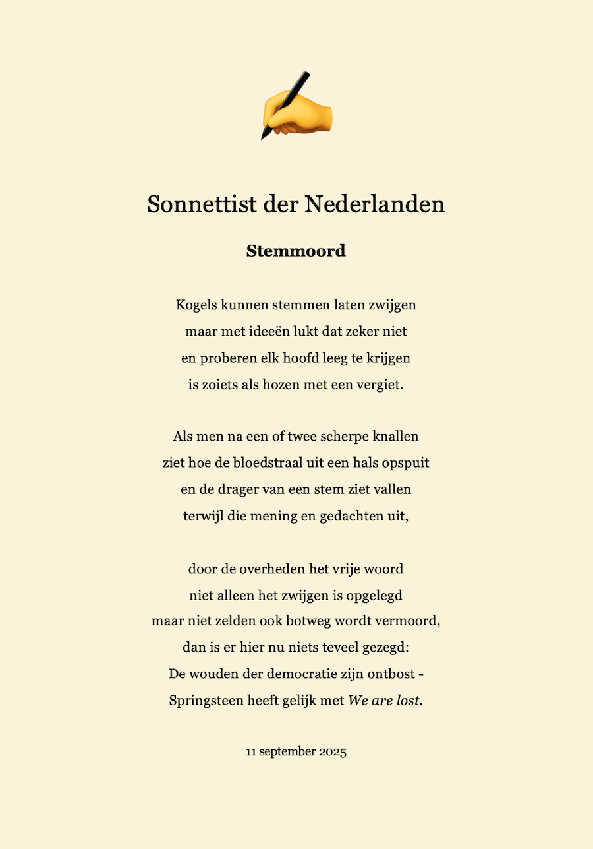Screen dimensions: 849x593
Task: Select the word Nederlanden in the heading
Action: [x=375, y=204]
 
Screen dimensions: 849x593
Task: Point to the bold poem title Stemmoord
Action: [x=296, y=251]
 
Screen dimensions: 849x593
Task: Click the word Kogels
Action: [x=196, y=305]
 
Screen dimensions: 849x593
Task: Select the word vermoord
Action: [x=409, y=621]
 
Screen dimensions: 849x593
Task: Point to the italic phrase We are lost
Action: [x=384, y=701]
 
